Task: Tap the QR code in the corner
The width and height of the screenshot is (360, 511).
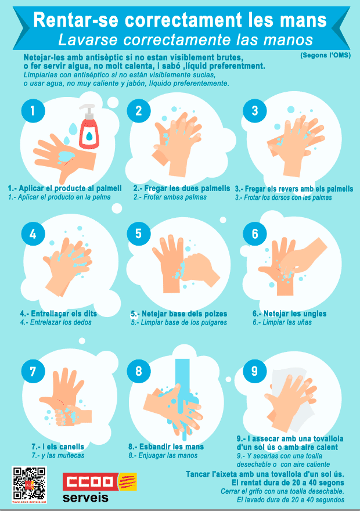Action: click(x=29, y=484)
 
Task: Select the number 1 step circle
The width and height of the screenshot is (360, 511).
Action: click(x=33, y=111)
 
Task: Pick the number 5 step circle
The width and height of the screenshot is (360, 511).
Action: click(x=139, y=233)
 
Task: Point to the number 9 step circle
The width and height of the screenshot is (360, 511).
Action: click(x=255, y=371)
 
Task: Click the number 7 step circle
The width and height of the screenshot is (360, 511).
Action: click(x=33, y=371)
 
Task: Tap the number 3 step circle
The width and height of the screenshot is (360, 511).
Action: click(x=255, y=111)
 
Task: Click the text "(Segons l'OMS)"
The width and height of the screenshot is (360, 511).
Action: click(x=325, y=55)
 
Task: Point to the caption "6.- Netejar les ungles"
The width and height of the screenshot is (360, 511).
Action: click(x=289, y=314)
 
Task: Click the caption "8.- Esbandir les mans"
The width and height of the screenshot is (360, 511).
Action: click(x=166, y=447)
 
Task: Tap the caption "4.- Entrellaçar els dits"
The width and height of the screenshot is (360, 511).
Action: click(x=58, y=314)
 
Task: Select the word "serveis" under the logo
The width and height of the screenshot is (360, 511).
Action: click(x=85, y=498)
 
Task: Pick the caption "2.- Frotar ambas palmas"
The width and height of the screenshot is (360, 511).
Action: click(x=170, y=197)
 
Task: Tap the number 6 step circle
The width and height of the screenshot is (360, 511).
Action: click(x=255, y=233)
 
